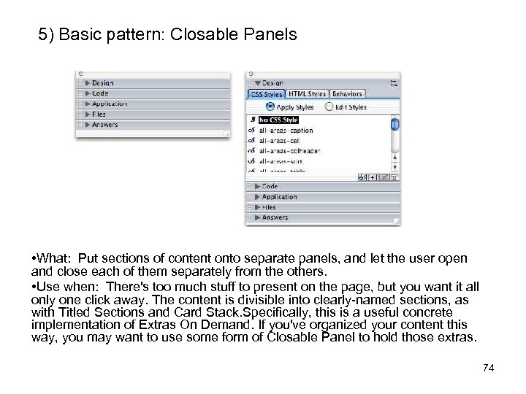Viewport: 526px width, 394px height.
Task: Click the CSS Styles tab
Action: click(x=266, y=94)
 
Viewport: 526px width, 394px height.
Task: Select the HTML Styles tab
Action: click(x=307, y=94)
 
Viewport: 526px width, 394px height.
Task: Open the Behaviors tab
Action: click(x=346, y=94)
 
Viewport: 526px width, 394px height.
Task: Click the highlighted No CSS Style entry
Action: click(x=278, y=120)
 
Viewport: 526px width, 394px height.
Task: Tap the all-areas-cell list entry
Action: click(x=279, y=141)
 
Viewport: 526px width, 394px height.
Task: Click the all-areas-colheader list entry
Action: click(x=289, y=151)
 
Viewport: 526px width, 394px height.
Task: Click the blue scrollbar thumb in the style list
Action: click(x=394, y=125)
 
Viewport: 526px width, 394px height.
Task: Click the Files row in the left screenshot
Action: click(x=99, y=115)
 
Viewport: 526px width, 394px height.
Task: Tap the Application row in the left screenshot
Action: click(x=110, y=104)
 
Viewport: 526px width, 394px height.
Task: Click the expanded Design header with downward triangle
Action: click(x=272, y=83)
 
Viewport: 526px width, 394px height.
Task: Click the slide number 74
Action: click(x=489, y=368)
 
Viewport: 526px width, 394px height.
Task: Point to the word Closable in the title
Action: click(x=202, y=34)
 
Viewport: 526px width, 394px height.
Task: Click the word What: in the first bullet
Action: click(x=57, y=258)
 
